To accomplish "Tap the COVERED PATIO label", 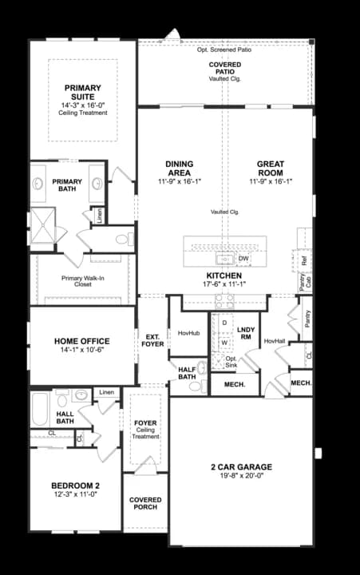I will [x=225, y=68].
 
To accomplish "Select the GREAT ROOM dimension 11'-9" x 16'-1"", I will [x=271, y=181].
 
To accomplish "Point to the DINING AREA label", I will [x=179, y=169].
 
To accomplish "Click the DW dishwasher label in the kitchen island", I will [x=243, y=258].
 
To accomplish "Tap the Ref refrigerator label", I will [x=304, y=260].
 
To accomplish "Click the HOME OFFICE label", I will [x=81, y=342].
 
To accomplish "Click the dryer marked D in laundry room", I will [x=224, y=323].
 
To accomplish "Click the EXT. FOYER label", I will [x=152, y=340].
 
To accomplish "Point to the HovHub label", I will [x=188, y=332].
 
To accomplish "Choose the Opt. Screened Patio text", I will [x=225, y=50].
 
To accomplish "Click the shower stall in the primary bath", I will [x=42, y=226].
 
